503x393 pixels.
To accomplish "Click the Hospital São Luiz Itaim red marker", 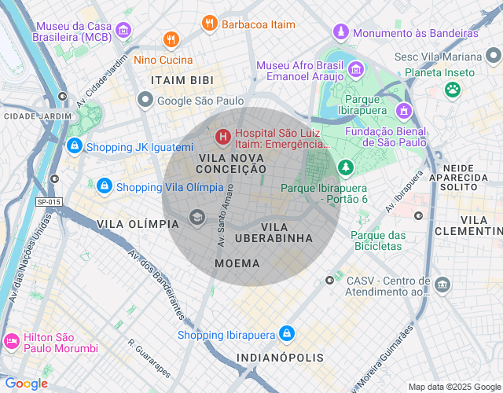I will point(222,138).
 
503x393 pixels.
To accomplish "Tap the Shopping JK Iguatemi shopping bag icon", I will point(75,146).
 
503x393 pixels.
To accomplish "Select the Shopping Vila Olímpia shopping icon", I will point(104,186).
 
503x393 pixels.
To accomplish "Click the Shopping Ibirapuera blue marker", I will point(286,334).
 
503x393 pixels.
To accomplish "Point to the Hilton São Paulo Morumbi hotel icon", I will point(11,342).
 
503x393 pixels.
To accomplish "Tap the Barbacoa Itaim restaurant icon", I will point(209,24).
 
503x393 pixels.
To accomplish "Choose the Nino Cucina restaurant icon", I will point(170,39).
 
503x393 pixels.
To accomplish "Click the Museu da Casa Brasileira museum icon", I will point(123,31).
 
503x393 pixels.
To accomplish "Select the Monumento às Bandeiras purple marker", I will point(340,32).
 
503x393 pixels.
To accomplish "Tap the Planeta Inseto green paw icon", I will point(452,89).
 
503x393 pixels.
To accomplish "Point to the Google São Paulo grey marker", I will point(145,100).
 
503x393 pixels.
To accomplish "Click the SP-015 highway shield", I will point(49,202).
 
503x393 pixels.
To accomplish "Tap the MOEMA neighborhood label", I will point(242,263).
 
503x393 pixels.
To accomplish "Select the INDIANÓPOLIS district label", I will point(280,358).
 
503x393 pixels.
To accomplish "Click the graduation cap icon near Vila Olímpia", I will point(196,218).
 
